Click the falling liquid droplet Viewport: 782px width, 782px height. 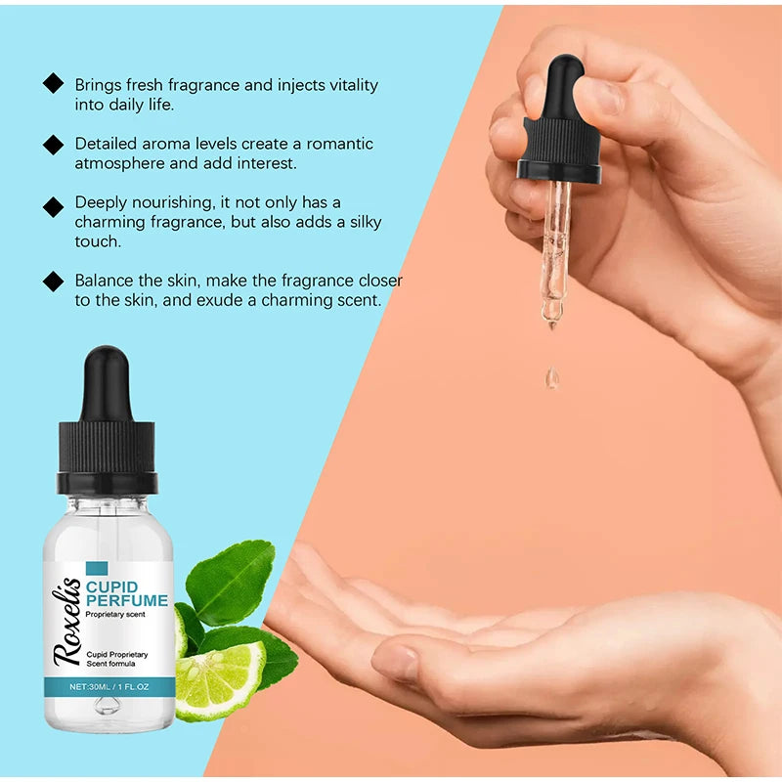pos(553,378)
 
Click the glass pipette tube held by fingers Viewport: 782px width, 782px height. pos(556,244)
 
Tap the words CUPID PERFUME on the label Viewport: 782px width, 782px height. pos(126,593)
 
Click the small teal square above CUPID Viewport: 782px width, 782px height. pos(96,568)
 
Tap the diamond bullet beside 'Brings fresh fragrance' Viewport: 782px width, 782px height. pos(53,84)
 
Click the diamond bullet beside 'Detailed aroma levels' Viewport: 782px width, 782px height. pos(53,145)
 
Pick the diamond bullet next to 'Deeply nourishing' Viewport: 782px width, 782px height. pos(53,206)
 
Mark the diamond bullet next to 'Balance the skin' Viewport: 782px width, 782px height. pos(53,282)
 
